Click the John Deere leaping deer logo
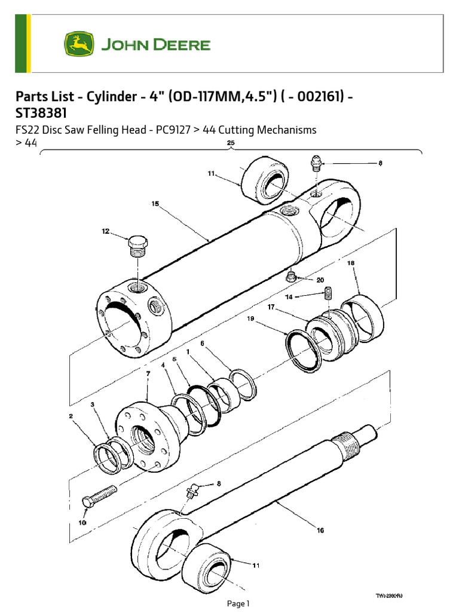click(79, 45)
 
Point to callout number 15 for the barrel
click(155, 204)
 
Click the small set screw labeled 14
click(328, 293)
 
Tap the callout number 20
click(320, 279)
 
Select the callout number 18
click(351, 262)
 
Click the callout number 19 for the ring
click(252, 319)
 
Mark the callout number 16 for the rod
click(320, 530)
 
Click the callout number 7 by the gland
click(148, 374)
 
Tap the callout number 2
click(71, 415)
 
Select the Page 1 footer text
click(238, 604)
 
